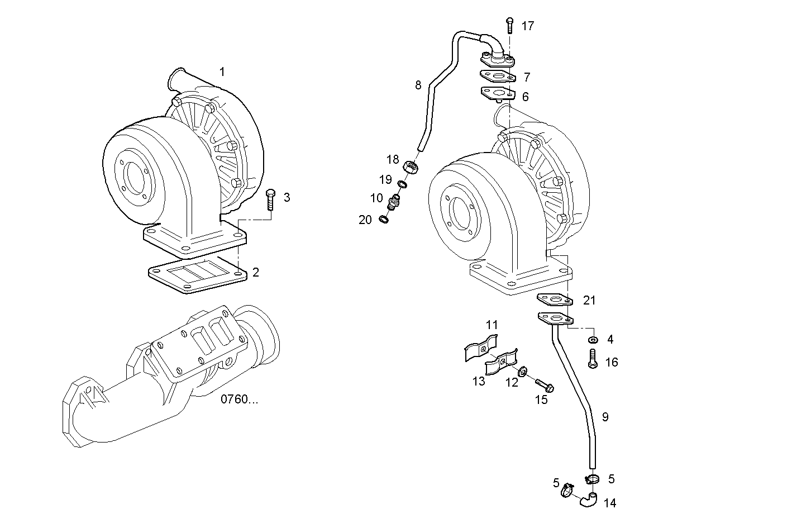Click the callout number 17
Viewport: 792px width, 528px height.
point(528,26)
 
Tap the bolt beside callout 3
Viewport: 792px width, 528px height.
point(271,199)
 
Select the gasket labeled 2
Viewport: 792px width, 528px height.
point(197,276)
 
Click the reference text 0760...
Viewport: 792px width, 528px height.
point(240,399)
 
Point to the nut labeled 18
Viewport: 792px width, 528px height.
point(411,166)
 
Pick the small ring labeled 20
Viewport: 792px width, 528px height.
point(384,219)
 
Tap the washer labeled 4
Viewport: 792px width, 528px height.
point(593,339)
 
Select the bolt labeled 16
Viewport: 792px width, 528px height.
point(593,358)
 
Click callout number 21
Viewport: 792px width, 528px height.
point(589,301)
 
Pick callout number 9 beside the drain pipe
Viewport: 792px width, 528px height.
point(605,417)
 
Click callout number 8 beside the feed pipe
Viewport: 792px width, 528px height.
point(418,85)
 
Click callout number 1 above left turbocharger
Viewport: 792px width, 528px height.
point(222,72)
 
